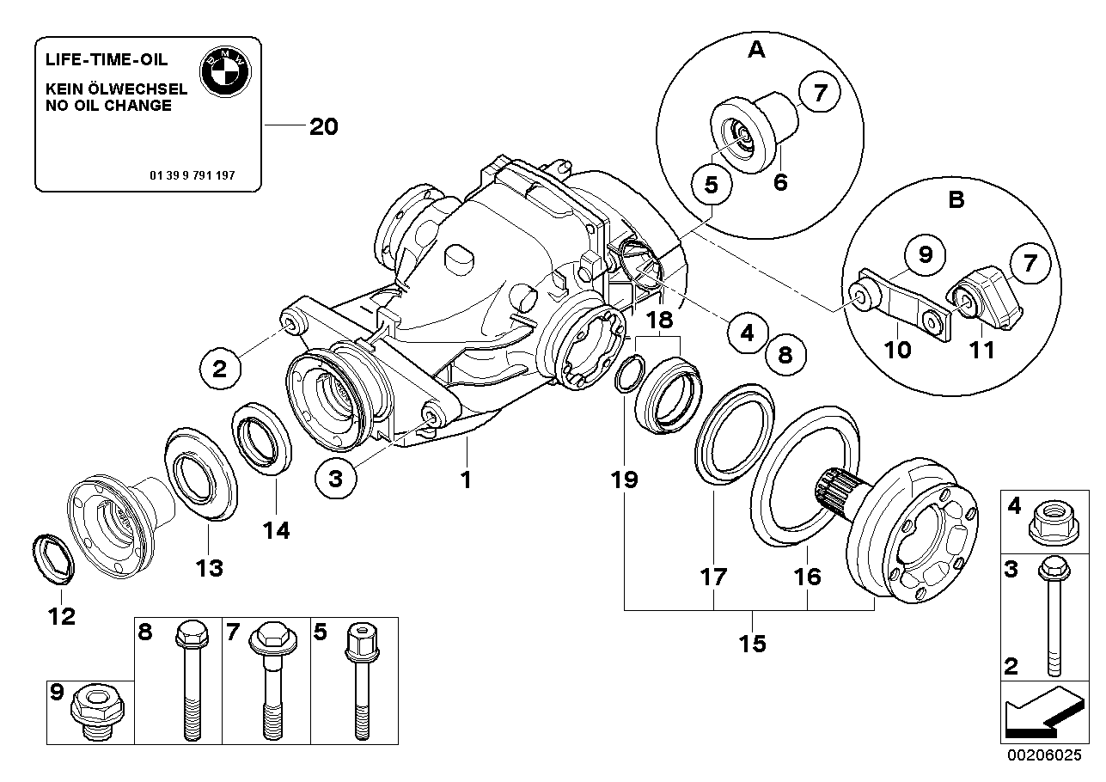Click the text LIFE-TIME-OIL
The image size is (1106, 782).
pyautogui.click(x=107, y=60)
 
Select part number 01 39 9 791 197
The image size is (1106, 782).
pyautogui.click(x=192, y=174)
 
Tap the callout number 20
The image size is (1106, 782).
pyautogui.click(x=323, y=127)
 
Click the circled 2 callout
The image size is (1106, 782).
pyautogui.click(x=220, y=369)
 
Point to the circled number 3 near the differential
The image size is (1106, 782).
pyautogui.click(x=335, y=480)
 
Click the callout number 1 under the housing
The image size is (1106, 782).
pyautogui.click(x=466, y=480)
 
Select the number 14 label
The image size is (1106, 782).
pyautogui.click(x=277, y=530)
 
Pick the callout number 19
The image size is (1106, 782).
pyautogui.click(x=625, y=480)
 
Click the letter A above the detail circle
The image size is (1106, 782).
pyautogui.click(x=756, y=51)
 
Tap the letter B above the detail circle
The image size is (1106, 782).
pyautogui.click(x=956, y=200)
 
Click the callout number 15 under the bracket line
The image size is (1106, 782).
pyautogui.click(x=752, y=643)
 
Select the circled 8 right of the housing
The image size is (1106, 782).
pyautogui.click(x=785, y=351)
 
